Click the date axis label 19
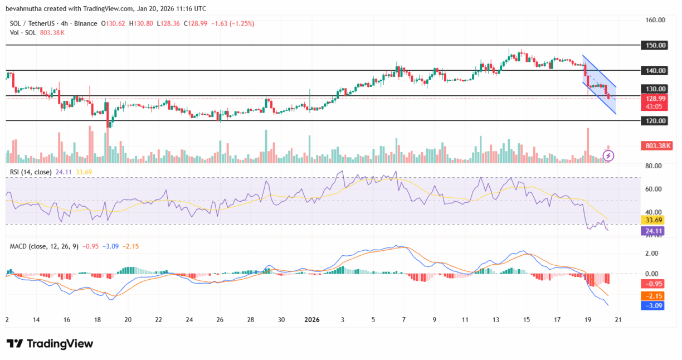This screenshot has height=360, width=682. click(x=587, y=320)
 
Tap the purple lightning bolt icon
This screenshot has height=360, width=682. click(x=608, y=155)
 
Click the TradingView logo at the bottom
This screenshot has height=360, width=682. click(x=50, y=344)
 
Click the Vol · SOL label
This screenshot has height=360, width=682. click(x=24, y=32)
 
